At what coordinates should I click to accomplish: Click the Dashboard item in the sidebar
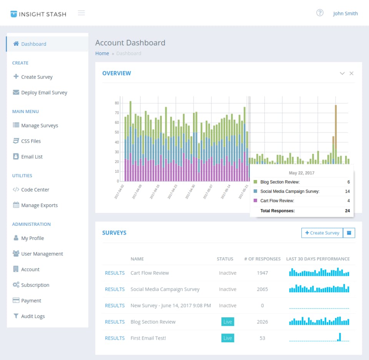tap(33, 44)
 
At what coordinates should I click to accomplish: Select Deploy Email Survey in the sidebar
tap(44, 93)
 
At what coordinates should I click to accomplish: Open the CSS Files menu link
tap(31, 141)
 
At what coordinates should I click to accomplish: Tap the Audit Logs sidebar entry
tap(33, 316)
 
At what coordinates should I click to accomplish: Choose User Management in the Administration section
tap(42, 254)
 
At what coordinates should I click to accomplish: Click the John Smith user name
tap(345, 13)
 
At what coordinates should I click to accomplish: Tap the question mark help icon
tap(320, 13)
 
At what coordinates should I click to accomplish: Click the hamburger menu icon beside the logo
tap(81, 13)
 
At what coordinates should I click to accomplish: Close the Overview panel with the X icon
tap(351, 73)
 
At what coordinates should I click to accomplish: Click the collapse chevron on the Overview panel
tap(342, 73)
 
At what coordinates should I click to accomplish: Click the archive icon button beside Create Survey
tap(349, 233)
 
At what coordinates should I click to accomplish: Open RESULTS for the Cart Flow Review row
tap(115, 273)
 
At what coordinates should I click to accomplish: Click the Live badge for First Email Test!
tap(228, 338)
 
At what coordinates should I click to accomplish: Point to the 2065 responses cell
tap(262, 289)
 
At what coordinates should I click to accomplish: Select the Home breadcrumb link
tap(102, 53)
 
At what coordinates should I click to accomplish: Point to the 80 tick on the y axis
tap(116, 103)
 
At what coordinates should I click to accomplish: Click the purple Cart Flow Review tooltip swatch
tap(256, 201)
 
